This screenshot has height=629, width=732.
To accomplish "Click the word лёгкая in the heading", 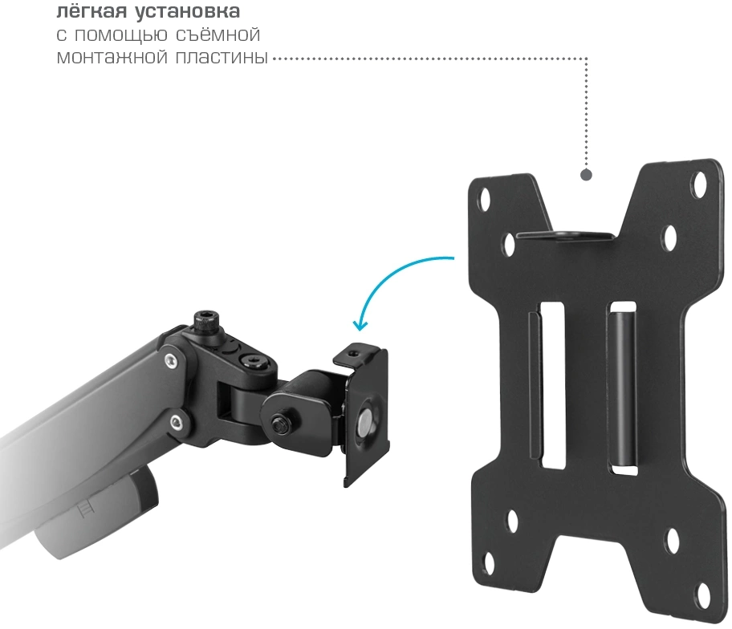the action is point(91,11).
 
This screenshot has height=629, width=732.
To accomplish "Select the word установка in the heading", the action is point(188,12).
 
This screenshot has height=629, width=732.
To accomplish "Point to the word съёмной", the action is point(218,34).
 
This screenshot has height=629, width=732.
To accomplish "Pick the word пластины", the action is point(222,58).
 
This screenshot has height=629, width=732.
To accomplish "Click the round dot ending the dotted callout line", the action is point(587,175).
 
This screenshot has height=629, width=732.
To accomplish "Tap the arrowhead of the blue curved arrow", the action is point(360,325).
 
